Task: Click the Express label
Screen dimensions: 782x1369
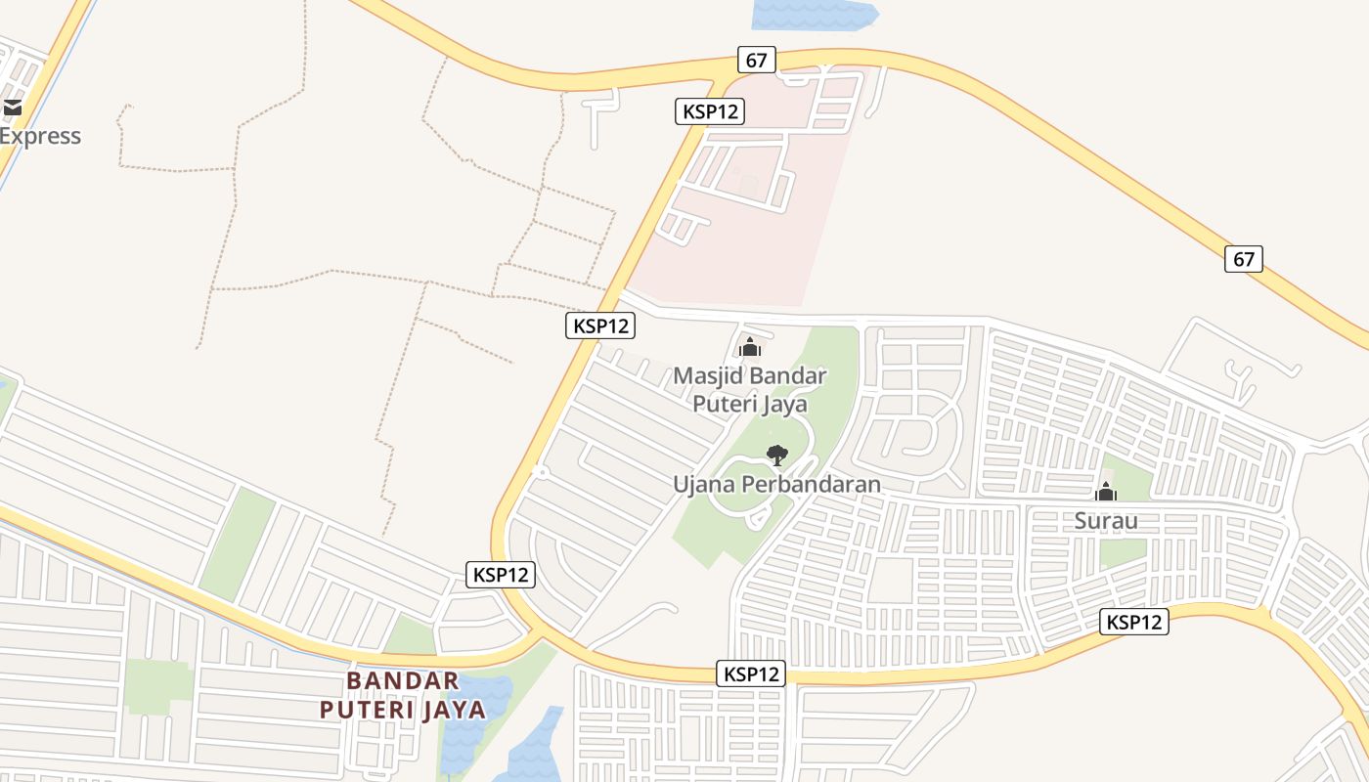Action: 40,136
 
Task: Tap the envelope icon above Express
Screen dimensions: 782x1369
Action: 12,108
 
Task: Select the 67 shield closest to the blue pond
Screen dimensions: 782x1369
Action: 756,60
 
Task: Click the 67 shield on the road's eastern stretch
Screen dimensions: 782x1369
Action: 1243,259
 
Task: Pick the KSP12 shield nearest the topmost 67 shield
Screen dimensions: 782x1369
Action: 710,111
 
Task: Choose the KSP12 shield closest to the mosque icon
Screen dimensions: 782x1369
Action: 599,326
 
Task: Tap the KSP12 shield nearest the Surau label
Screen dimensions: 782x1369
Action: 1134,622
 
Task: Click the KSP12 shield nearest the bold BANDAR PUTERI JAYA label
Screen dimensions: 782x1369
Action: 501,575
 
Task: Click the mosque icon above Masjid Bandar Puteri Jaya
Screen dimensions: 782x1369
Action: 750,347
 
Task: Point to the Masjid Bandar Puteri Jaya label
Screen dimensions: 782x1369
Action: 750,389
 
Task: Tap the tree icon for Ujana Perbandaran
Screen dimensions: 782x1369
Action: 776,455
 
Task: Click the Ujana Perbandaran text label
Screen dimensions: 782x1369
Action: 776,484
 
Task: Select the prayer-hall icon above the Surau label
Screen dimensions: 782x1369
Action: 1106,492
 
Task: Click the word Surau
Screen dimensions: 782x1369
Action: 1106,520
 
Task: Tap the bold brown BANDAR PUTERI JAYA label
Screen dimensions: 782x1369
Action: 403,695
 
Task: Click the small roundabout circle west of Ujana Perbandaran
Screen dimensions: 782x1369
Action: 541,472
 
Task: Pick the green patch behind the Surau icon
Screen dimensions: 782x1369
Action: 1129,479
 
